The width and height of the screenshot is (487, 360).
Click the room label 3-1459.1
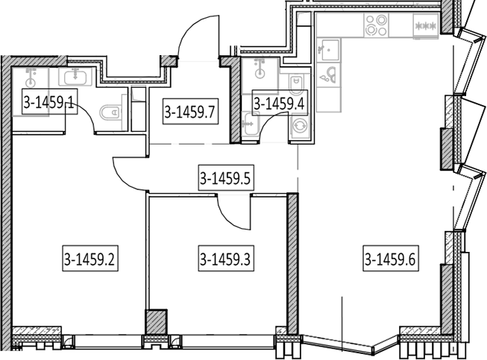pos(50,101)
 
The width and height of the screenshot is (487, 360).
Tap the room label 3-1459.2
pos(90,259)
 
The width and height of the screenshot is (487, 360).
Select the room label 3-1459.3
pos(226,259)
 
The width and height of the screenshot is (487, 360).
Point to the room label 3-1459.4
pos(280,102)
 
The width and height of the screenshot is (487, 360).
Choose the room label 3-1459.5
pos(226,177)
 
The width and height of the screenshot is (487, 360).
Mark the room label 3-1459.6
pos(391,259)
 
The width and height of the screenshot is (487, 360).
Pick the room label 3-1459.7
pos(190,111)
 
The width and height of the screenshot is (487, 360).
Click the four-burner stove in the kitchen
pos(377,25)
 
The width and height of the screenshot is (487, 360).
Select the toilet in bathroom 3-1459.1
pos(110,112)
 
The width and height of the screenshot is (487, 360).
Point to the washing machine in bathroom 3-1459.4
pos(300,126)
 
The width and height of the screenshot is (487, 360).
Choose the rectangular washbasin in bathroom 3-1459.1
pos(75,77)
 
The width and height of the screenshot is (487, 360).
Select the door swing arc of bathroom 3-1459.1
pos(86,113)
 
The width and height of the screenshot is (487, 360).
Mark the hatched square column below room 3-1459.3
pos(156,323)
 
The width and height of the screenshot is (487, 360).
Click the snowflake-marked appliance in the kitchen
pos(426,26)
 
